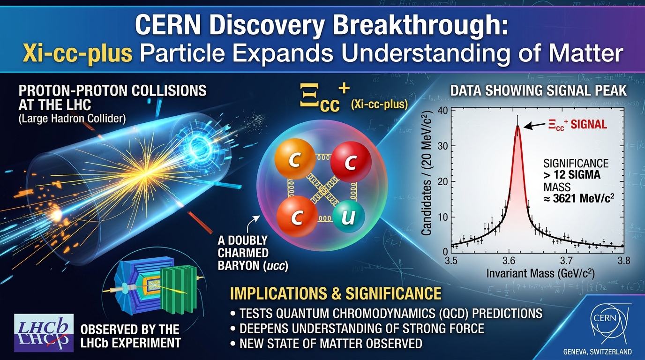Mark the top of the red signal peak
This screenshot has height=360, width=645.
pos(517,125)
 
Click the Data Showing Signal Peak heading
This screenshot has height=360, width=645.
pos(538,90)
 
